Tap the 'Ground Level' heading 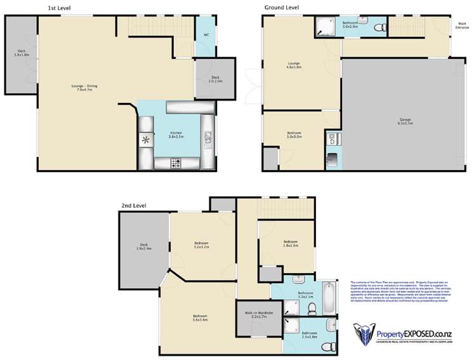coord(281,8)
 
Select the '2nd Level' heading coord(134,206)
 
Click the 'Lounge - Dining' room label coord(84,88)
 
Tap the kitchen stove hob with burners coord(176,163)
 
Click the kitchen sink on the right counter coord(208,137)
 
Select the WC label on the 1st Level coord(206,35)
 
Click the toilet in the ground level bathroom coord(379,27)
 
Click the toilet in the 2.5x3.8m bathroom coord(327,346)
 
